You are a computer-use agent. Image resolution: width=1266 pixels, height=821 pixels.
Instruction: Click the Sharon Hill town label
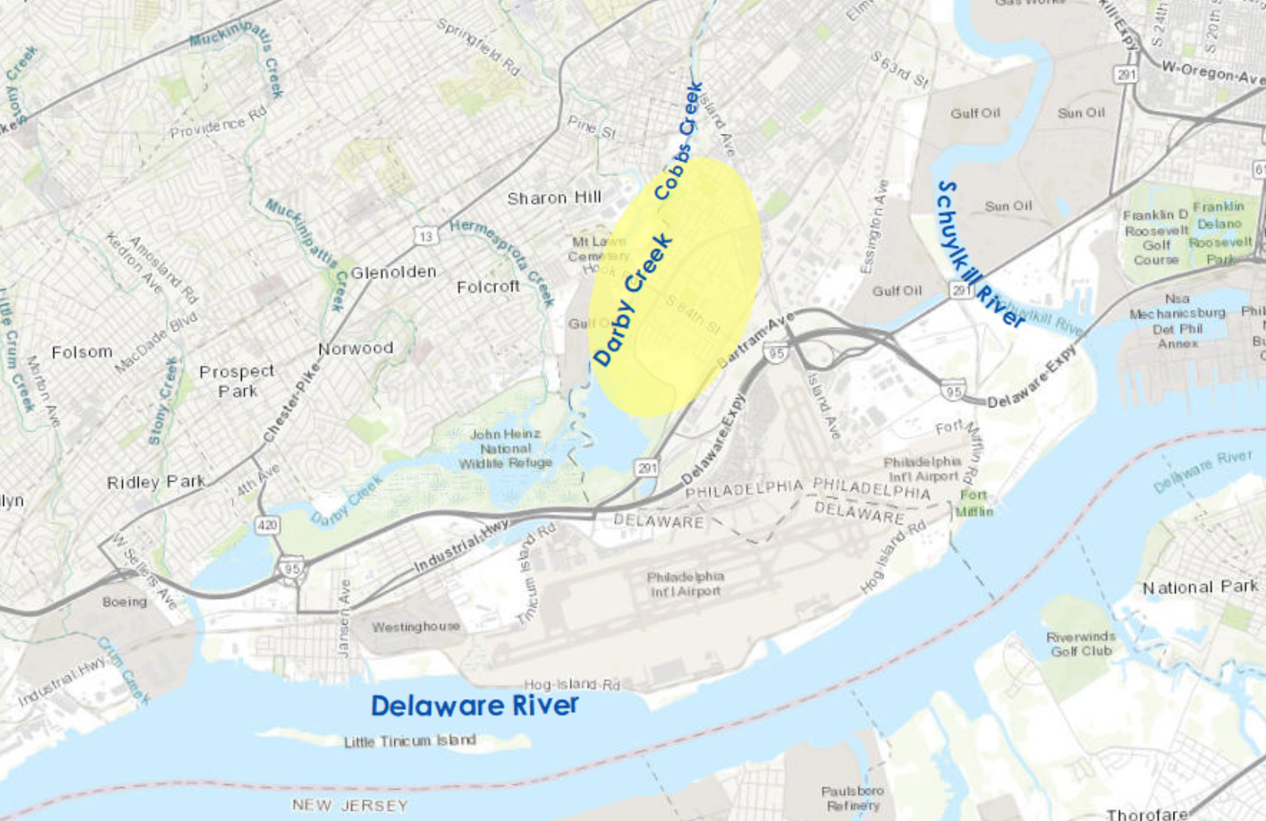[x=554, y=199]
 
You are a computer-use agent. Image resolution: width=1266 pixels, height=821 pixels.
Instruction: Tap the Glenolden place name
[x=393, y=272]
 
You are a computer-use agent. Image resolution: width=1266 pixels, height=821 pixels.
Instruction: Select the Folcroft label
[x=488, y=287]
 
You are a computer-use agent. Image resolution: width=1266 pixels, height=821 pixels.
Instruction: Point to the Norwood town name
[x=355, y=348]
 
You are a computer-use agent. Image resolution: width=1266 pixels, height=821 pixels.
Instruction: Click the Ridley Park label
[x=156, y=482]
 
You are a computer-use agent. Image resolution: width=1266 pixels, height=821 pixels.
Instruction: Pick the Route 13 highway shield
[x=425, y=235]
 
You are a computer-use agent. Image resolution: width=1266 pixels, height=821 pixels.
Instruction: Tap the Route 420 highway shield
[x=268, y=525]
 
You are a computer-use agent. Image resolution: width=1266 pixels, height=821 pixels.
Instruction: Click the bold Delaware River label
[x=474, y=705]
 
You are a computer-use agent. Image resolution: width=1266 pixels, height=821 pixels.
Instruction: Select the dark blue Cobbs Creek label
[x=678, y=141]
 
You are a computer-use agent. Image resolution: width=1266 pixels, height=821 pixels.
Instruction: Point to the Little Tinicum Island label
[x=409, y=740]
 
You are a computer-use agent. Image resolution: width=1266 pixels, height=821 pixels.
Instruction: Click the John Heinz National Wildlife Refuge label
[x=505, y=449]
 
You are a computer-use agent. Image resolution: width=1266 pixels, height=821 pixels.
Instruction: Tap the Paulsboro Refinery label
[x=853, y=798]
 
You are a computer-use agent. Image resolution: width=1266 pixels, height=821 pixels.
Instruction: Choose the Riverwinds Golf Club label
[x=1081, y=644]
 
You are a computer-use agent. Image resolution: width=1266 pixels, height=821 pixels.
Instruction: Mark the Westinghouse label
[x=415, y=626]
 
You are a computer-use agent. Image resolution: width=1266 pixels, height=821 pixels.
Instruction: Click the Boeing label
[x=124, y=601]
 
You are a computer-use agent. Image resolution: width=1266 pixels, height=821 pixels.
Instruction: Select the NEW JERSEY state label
[x=350, y=805]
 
